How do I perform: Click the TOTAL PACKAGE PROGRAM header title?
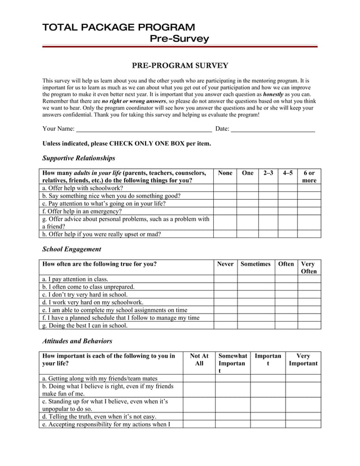tap(118, 27)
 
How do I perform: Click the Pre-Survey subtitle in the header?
tap(179, 39)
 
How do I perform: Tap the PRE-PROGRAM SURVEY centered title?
tap(180, 66)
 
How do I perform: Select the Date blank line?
tap(273, 129)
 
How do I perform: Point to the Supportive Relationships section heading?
tap(78, 158)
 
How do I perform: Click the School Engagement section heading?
tap(72, 249)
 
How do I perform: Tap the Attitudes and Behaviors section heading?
tap(77, 341)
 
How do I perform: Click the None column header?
tap(225, 173)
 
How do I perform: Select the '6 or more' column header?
tap(309, 177)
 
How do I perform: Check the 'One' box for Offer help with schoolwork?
tap(247, 188)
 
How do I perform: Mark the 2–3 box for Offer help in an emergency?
tap(268, 211)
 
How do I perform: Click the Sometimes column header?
tap(256, 264)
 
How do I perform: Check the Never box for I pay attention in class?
tap(225, 279)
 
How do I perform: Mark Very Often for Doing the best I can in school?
tap(309, 325)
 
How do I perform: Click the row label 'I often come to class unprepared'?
tap(89, 287)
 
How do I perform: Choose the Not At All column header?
tap(199, 360)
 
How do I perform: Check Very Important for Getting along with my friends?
tap(303, 378)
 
